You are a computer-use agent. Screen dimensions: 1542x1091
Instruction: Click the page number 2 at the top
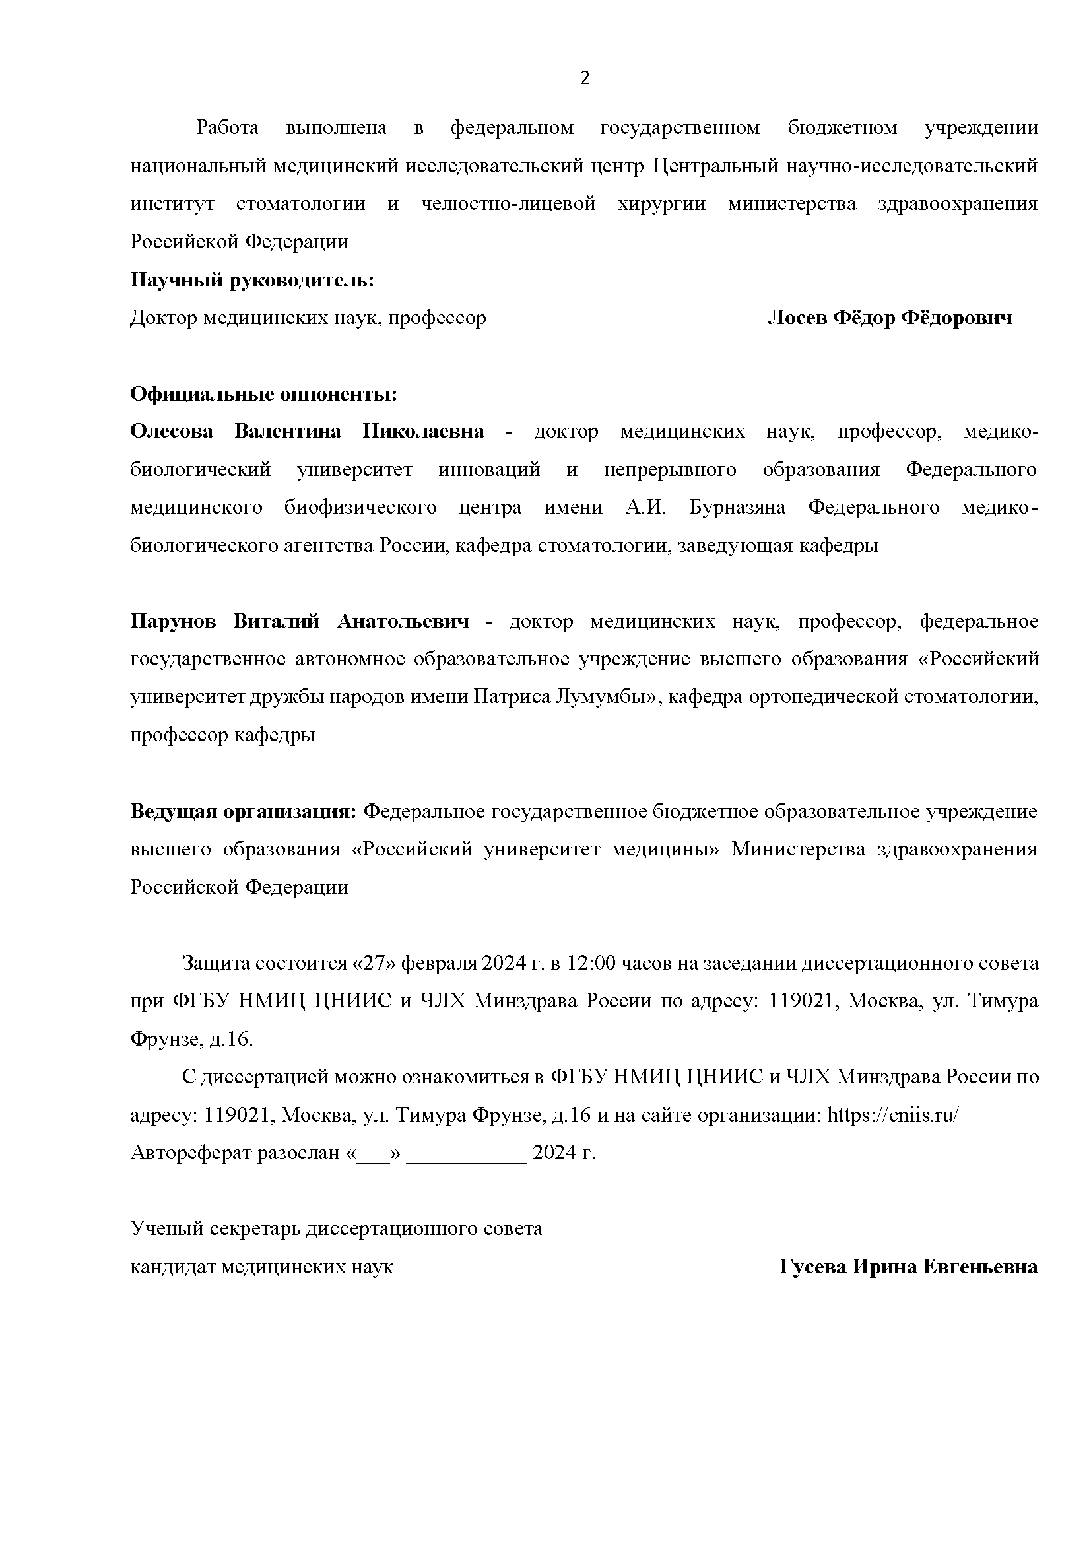[x=585, y=79]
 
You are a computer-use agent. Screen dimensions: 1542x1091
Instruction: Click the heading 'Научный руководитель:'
[x=252, y=279]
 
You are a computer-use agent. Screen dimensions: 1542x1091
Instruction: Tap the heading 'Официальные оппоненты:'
[x=263, y=393]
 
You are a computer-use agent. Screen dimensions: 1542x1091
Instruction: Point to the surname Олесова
[x=172, y=431]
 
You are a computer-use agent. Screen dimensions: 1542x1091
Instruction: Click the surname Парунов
[x=173, y=622]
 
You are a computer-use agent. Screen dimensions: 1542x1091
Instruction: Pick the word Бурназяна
[x=737, y=507]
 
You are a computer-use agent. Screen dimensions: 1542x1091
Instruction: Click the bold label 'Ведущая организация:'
[x=242, y=812]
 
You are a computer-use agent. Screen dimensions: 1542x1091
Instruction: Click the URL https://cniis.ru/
[x=893, y=1116]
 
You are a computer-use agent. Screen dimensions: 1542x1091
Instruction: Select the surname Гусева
[x=812, y=1267]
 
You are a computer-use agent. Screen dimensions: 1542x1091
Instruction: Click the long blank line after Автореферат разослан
[x=467, y=1154]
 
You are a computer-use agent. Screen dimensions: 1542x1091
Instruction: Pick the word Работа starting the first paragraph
[x=228, y=127]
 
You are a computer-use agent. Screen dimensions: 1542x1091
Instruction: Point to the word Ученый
[x=166, y=1230]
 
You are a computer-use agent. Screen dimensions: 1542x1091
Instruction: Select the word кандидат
[x=172, y=1267]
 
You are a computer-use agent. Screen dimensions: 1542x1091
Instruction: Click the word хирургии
[x=661, y=203]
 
